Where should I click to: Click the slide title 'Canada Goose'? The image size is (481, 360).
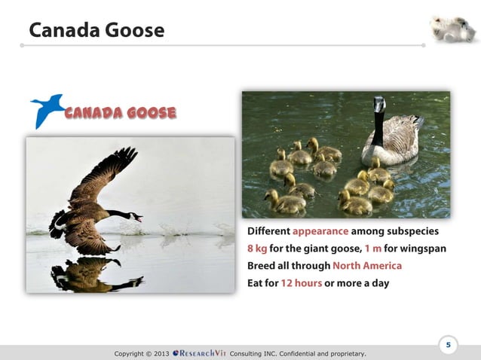(x=96, y=30)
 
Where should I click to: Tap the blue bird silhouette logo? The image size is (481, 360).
(x=47, y=110)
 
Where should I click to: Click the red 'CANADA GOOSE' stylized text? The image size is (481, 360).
(x=121, y=113)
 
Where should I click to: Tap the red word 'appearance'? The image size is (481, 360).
(x=320, y=231)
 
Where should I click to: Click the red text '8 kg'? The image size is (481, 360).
(x=257, y=249)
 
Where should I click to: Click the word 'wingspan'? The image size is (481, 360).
(x=424, y=249)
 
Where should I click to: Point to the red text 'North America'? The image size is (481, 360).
(x=367, y=266)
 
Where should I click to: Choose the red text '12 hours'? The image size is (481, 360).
(x=301, y=283)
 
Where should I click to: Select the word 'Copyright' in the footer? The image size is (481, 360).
(x=132, y=352)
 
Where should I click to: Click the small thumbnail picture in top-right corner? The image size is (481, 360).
(x=452, y=28)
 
